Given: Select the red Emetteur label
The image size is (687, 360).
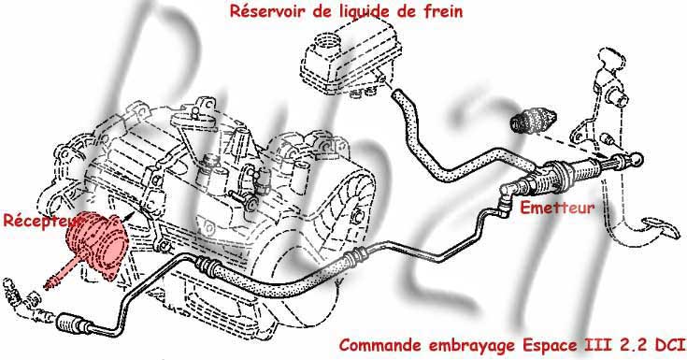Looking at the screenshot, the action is (557, 208).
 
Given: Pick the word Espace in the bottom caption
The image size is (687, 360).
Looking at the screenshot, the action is (550, 346).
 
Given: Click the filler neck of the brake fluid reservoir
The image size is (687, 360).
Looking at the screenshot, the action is (325, 42).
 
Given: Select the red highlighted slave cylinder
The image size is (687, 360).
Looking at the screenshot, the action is (96, 245).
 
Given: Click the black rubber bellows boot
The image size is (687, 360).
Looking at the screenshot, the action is (533, 120).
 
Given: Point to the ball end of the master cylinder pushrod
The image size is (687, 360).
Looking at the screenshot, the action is (637, 159).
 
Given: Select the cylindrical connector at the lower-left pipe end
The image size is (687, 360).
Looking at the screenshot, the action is (70, 324).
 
